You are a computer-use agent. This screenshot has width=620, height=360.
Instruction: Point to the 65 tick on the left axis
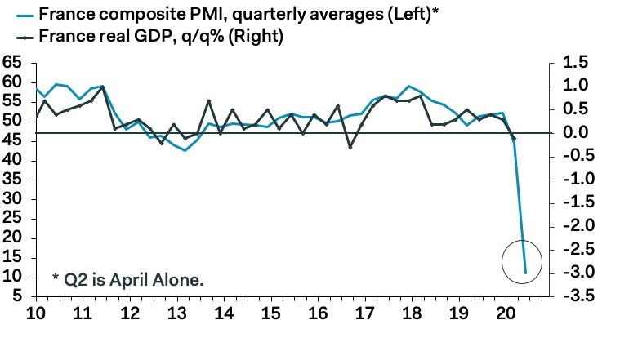tap(12, 63)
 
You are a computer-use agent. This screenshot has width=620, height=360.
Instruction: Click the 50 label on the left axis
tap(12, 122)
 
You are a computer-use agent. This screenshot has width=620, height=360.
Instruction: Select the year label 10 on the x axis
tap(36, 314)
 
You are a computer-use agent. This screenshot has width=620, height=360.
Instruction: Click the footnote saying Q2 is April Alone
tap(127, 279)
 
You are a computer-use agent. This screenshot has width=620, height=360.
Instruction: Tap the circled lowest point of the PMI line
tap(525, 273)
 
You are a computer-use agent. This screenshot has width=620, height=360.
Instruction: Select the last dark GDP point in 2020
tap(514, 140)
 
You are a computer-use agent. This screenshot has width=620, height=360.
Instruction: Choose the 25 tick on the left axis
tap(12, 219)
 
